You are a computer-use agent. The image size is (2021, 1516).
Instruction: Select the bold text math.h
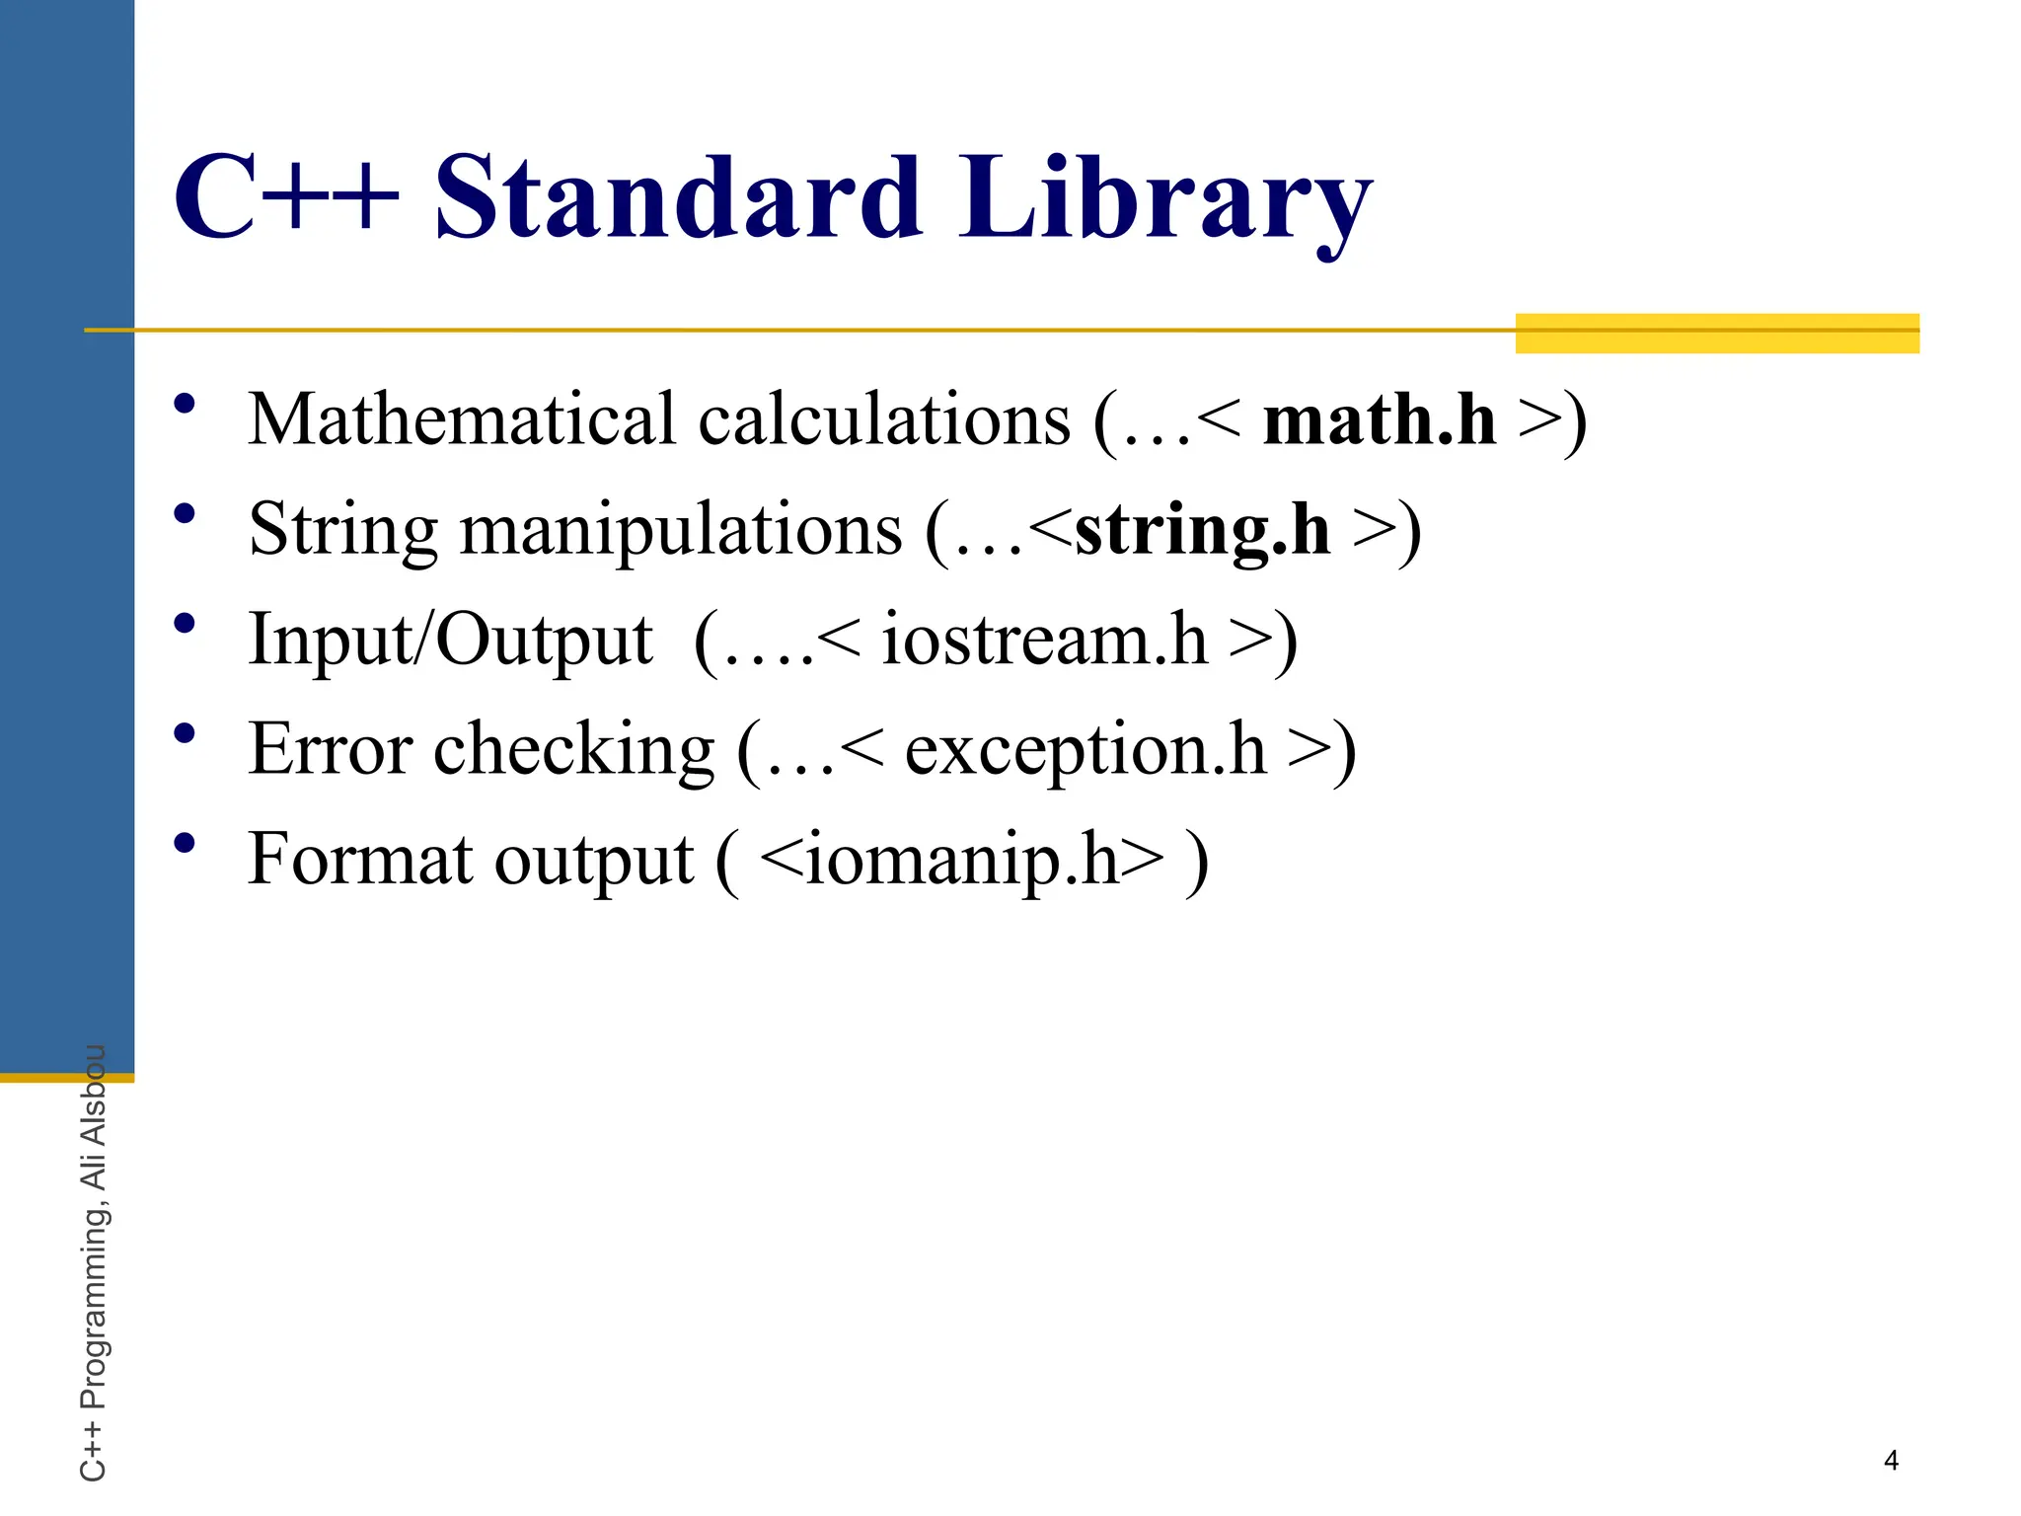tap(1380, 420)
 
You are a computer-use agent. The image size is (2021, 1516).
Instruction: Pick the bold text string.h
tap(1202, 531)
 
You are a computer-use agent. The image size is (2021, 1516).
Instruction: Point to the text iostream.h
tap(1044, 640)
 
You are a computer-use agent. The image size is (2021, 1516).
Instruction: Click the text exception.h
tap(1085, 750)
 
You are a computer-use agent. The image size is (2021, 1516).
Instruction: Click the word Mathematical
tap(462, 420)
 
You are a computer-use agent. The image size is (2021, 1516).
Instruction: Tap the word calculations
tap(884, 420)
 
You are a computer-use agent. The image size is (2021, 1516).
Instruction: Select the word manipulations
tap(681, 531)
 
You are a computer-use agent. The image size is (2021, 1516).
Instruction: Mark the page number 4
tap(1891, 1461)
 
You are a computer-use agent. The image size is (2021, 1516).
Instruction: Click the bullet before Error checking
tap(185, 733)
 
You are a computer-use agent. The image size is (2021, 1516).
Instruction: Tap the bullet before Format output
tap(185, 844)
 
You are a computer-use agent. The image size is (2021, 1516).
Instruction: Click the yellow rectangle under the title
tap(1717, 334)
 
